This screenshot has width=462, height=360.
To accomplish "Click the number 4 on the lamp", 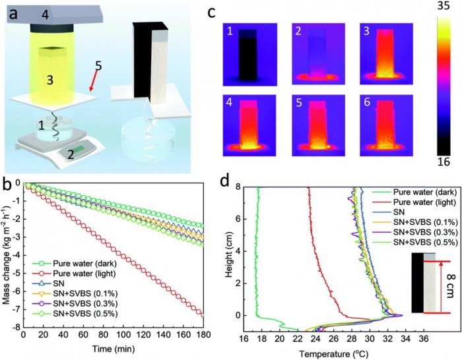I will (44, 13).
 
